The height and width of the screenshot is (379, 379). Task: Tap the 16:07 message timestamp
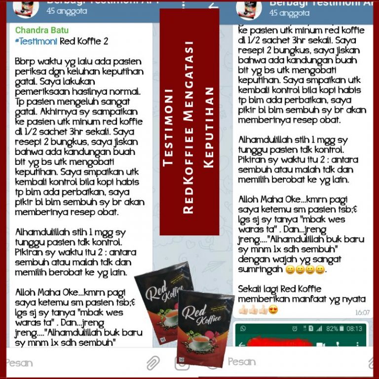[362, 312]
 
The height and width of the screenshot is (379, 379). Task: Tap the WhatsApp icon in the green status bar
[242, 329]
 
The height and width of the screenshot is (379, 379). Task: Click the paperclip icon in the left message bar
[153, 364]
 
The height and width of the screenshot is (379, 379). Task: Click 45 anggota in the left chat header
[67, 10]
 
